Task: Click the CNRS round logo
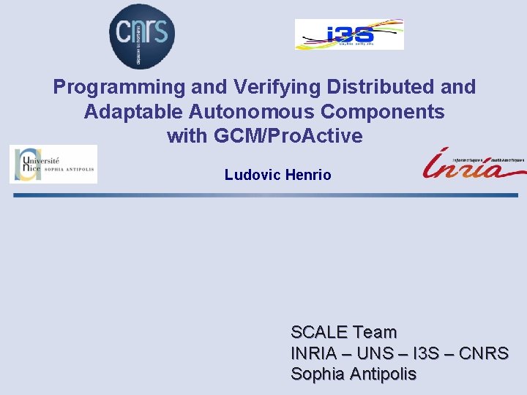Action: [142, 34]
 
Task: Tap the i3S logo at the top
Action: [349, 34]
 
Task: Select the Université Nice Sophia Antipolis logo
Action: [53, 164]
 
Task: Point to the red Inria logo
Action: [472, 164]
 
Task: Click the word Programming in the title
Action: [119, 87]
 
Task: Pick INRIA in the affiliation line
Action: [314, 354]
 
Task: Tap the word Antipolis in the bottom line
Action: [383, 375]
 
